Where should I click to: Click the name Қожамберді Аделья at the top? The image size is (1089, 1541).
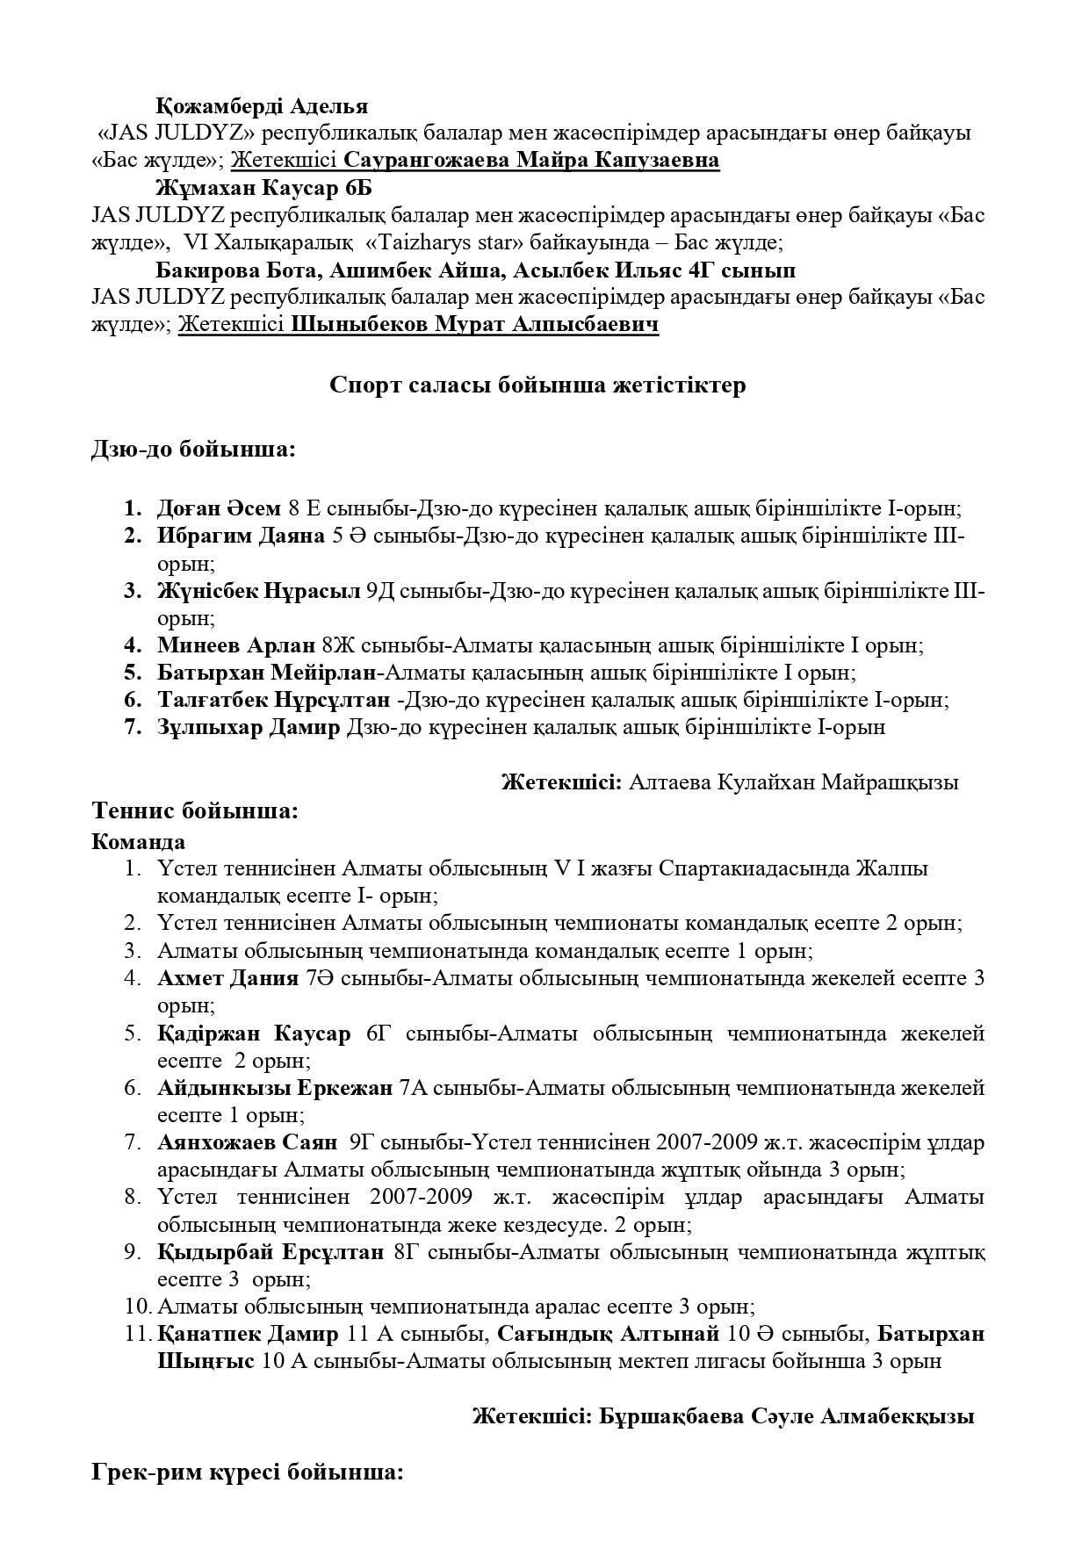pos(262,106)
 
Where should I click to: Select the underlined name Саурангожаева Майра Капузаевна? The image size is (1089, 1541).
pos(531,161)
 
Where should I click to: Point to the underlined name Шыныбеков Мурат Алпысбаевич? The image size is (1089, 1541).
pos(474,325)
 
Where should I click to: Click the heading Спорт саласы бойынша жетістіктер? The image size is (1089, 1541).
pos(537,385)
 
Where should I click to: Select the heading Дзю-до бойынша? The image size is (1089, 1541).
pos(193,450)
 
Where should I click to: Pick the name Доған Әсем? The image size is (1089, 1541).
pos(219,508)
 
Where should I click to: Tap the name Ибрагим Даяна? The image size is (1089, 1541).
pos(241,536)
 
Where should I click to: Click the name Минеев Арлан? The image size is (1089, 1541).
pos(236,645)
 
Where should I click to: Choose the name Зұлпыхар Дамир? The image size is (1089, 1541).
pos(249,727)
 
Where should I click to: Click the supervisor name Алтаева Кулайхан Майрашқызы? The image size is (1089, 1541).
pos(793,782)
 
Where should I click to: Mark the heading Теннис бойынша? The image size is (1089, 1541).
pos(195,810)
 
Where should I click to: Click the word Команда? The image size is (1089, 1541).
pos(138,841)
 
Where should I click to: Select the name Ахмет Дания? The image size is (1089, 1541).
pos(228,978)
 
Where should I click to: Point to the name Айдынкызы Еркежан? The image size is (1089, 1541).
pos(275,1088)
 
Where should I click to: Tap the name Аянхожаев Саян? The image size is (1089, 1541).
pos(247,1143)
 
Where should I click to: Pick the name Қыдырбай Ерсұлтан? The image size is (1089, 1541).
pos(270,1252)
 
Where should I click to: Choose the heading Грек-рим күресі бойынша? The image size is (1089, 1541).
pos(247,1472)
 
